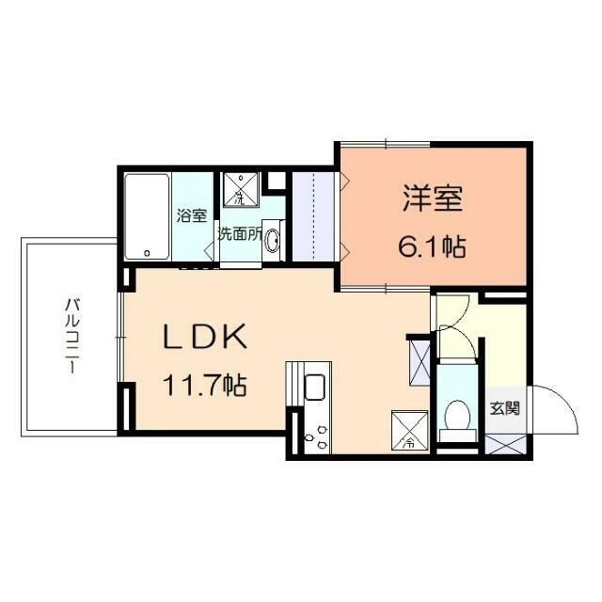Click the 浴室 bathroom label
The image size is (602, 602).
coord(191,214)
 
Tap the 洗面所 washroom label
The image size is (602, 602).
coord(240,235)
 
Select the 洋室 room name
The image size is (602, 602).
coord(433,201)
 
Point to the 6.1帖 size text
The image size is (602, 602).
coord(432,247)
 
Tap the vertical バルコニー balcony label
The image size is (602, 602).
coord(70,336)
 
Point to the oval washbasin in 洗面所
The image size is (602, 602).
coord(273,241)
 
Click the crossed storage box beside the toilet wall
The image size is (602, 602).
coord(419,360)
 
